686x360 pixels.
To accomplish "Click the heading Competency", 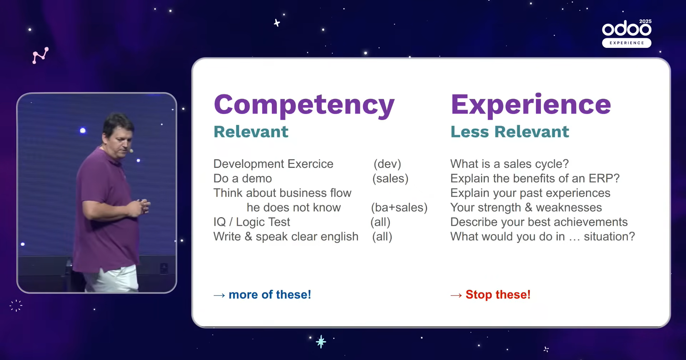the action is click(304, 105).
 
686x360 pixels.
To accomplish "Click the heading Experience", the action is click(531, 105).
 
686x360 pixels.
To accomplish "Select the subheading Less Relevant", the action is click(509, 132).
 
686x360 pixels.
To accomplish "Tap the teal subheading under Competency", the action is click(251, 132).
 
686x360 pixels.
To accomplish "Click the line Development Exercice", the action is click(273, 164).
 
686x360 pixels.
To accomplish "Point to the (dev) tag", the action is click(387, 164).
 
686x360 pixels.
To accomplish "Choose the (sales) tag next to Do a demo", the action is click(390, 179).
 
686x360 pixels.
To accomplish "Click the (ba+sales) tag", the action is click(399, 207).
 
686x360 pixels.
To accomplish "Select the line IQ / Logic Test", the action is click(252, 222).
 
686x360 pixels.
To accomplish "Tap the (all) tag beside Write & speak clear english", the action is click(382, 237).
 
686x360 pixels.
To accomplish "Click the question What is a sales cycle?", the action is click(509, 164).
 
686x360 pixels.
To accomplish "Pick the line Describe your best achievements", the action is click(539, 222).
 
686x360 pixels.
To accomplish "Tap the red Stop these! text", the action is click(498, 295).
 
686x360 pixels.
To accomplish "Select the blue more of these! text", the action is click(270, 295).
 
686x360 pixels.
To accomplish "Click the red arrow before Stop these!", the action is click(456, 295).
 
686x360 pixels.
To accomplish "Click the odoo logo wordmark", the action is click(627, 28).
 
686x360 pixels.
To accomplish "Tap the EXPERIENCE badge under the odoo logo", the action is click(627, 43).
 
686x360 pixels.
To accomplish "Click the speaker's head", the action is click(118, 132).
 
